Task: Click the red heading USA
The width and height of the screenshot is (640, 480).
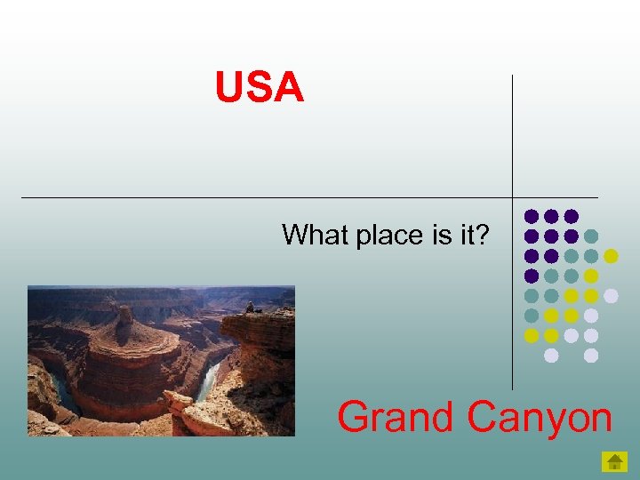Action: [259, 88]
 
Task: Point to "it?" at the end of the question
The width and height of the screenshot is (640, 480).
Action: [474, 235]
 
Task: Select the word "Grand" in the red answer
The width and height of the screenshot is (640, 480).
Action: [396, 417]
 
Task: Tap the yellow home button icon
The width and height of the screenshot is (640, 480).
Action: [614, 461]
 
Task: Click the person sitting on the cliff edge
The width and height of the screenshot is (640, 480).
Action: [250, 308]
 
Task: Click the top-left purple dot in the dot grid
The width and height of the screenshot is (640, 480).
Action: [531, 216]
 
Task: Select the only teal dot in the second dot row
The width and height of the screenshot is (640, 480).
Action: [591, 236]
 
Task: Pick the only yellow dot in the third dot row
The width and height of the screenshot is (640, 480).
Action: [611, 256]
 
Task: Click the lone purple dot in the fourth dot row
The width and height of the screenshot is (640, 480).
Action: [531, 276]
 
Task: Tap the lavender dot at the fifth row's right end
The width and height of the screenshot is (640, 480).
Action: [611, 295]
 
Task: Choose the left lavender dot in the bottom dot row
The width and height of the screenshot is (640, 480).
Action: [551, 355]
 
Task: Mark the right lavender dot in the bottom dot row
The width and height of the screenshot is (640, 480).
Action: [591, 355]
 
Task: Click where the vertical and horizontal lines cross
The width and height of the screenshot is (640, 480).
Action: [513, 197]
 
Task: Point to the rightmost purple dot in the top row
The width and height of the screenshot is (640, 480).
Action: [571, 216]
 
